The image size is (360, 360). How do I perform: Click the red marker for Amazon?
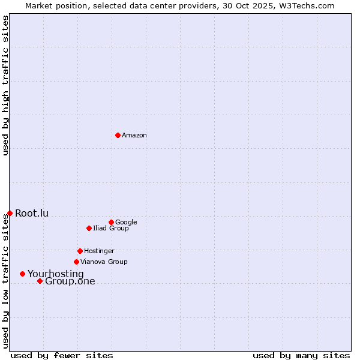click(118, 135)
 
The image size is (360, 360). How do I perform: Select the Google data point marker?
click(111, 222)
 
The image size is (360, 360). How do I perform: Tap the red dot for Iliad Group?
click(89, 228)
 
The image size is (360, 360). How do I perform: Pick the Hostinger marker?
click(80, 251)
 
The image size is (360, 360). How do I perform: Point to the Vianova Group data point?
click(76, 262)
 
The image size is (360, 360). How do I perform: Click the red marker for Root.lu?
click(10, 213)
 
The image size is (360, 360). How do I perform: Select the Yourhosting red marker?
click(22, 274)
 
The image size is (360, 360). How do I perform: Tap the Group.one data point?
click(40, 281)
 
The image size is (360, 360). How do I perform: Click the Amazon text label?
click(134, 136)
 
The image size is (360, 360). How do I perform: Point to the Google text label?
click(126, 223)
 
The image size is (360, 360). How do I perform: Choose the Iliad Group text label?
click(110, 229)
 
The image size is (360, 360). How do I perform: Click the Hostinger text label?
click(99, 251)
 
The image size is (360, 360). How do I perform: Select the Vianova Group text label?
click(104, 262)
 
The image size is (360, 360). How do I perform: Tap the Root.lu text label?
click(32, 214)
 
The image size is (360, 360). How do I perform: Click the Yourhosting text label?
click(56, 274)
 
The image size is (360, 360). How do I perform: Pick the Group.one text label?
click(70, 281)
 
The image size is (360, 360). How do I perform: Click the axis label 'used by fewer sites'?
click(62, 355)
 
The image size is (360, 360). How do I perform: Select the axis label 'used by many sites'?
click(301, 355)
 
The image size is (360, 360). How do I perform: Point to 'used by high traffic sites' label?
click(5, 85)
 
